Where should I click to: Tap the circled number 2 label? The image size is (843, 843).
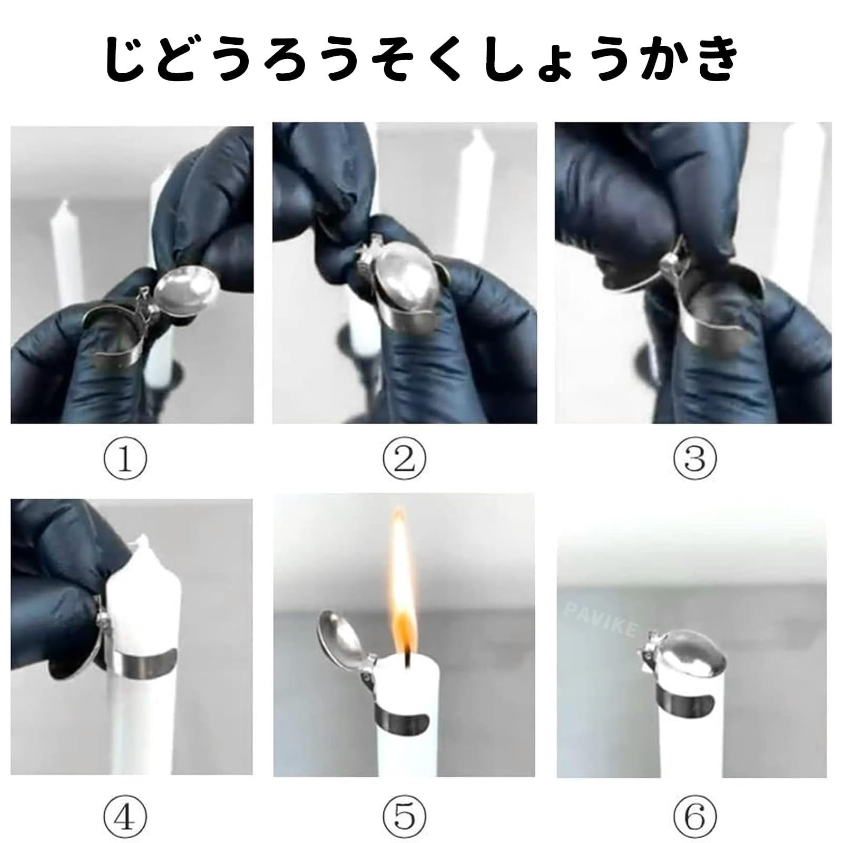coord(404,459)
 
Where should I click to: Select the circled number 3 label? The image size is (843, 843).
coord(694,459)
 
